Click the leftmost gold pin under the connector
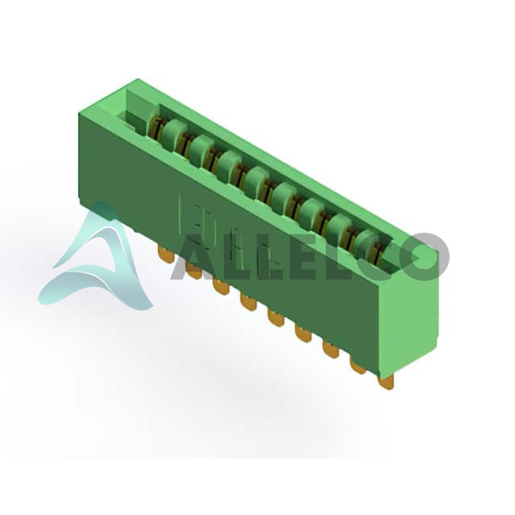click(x=166, y=254)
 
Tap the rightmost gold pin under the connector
click(x=385, y=383)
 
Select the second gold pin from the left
click(x=193, y=270)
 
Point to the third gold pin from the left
click(x=221, y=287)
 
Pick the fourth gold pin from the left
click(x=248, y=302)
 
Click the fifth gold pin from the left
click(x=276, y=318)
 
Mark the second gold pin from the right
click(x=358, y=366)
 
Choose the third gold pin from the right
click(x=330, y=350)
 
